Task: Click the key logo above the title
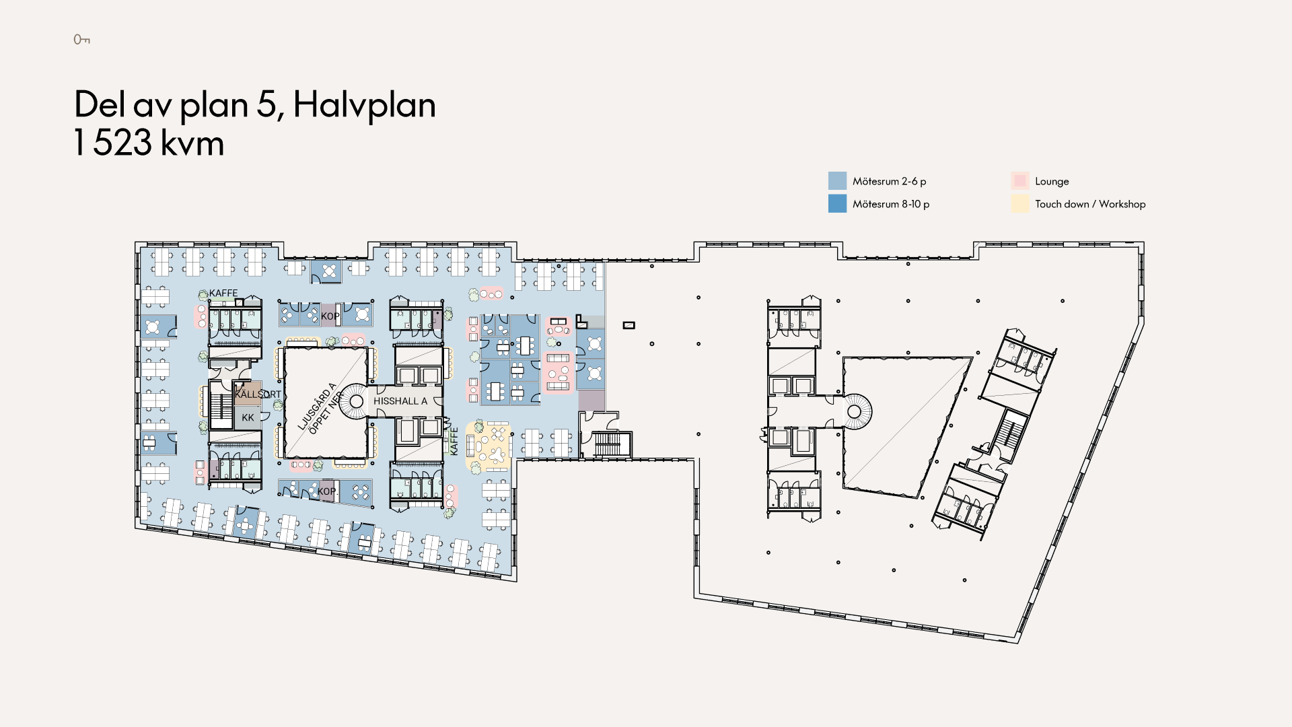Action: pyautogui.click(x=81, y=40)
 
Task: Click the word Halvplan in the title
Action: pyautogui.click(x=365, y=106)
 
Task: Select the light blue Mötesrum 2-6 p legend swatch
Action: pyautogui.click(x=837, y=180)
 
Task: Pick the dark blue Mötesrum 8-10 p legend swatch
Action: pyautogui.click(x=837, y=203)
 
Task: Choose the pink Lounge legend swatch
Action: pyautogui.click(x=1019, y=180)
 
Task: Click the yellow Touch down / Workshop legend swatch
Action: pyautogui.click(x=1019, y=203)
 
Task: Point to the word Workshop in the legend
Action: pyautogui.click(x=1122, y=204)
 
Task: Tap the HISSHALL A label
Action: pyautogui.click(x=400, y=401)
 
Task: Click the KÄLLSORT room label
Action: pyautogui.click(x=258, y=394)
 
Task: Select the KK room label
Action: pyautogui.click(x=248, y=417)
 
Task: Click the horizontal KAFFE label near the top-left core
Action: pyautogui.click(x=223, y=293)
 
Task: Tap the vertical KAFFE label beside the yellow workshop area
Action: pyautogui.click(x=454, y=442)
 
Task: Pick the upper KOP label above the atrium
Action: pyautogui.click(x=330, y=316)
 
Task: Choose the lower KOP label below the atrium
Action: pyautogui.click(x=327, y=491)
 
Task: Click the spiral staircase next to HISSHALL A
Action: pyautogui.click(x=356, y=402)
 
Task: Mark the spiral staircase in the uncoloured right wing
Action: pyautogui.click(x=854, y=411)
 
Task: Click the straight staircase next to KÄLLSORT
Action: pyautogui.click(x=221, y=405)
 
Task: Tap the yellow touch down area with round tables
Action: pyautogui.click(x=489, y=446)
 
